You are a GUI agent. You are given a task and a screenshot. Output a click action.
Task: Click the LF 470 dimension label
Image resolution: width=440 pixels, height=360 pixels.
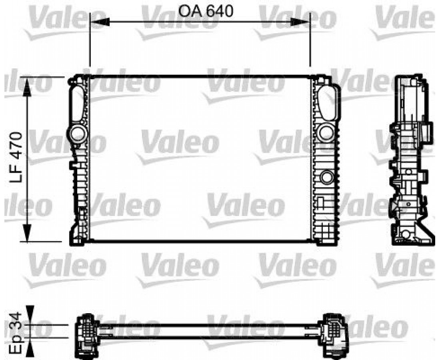[x=16, y=157]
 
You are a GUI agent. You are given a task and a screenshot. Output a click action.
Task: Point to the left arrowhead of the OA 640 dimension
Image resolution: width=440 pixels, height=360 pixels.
[x=100, y=22]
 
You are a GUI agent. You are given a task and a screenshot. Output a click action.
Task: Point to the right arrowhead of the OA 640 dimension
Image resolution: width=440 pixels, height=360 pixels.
[x=300, y=22]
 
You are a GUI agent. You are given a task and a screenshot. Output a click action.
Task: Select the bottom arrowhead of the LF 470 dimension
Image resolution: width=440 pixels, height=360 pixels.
[x=27, y=232]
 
